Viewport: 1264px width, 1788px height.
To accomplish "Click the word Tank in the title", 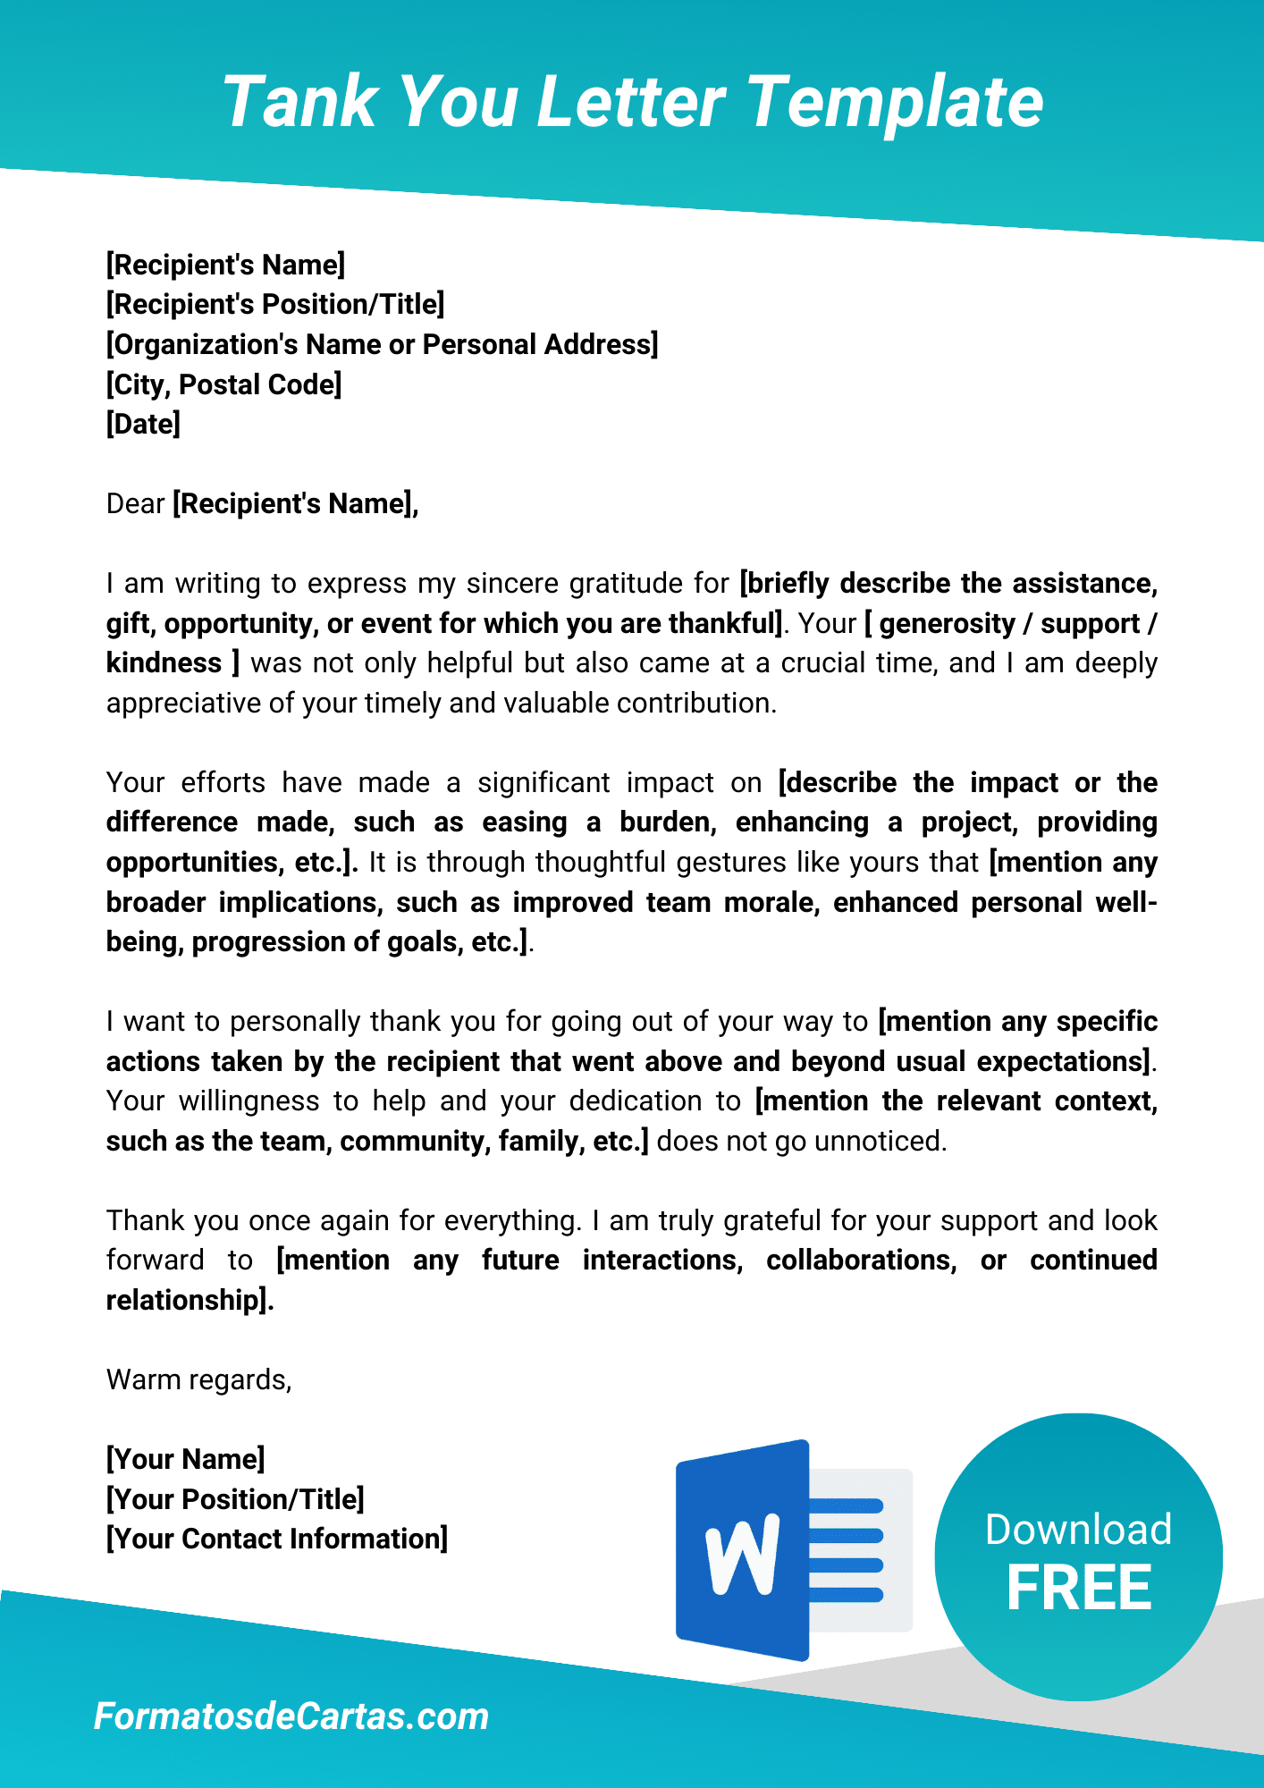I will pyautogui.click(x=299, y=102).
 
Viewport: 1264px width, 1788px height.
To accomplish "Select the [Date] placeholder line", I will pyautogui.click(x=143, y=424).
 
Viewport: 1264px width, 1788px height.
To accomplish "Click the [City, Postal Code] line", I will pyautogui.click(x=223, y=384).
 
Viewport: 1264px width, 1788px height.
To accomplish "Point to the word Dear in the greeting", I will pyautogui.click(x=135, y=503).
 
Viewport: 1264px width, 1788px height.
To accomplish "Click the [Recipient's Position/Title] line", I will pyautogui.click(x=275, y=304).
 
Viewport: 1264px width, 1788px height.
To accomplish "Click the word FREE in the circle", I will pyautogui.click(x=1079, y=1589).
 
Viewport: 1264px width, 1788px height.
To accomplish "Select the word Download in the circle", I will pyautogui.click(x=1078, y=1529).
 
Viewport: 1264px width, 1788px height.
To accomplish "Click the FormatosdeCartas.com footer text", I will pyautogui.click(x=291, y=1716).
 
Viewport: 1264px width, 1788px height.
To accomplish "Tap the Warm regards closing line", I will pyautogui.click(x=198, y=1379).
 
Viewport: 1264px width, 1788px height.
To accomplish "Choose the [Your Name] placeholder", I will pyautogui.click(x=185, y=1459).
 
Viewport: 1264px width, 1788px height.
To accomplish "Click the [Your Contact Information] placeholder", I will pyautogui.click(x=277, y=1539).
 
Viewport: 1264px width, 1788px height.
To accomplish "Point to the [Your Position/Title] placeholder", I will pyautogui.click(x=235, y=1499).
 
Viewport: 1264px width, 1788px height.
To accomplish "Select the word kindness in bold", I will pyautogui.click(x=164, y=663).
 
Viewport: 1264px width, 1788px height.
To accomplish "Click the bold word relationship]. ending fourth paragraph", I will pyautogui.click(x=190, y=1300).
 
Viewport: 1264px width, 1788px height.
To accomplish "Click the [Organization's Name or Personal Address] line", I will pyautogui.click(x=382, y=344).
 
